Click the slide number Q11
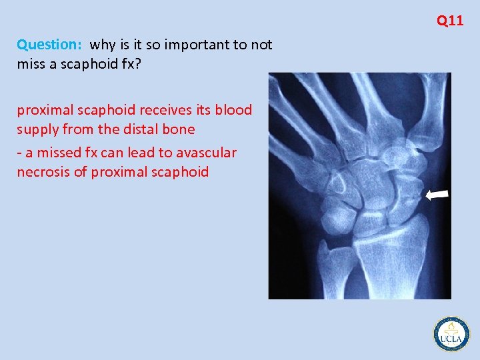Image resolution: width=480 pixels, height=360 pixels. tap(450, 21)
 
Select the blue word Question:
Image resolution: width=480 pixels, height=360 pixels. tap(49, 45)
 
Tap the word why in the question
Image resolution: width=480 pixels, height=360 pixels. tap(102, 45)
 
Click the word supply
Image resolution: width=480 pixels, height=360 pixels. tap(37, 129)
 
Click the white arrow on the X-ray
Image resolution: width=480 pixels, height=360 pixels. tap(438, 195)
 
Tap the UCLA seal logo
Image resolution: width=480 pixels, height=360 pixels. tap(451, 333)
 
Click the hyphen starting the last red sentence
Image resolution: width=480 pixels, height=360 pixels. tap(20, 153)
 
